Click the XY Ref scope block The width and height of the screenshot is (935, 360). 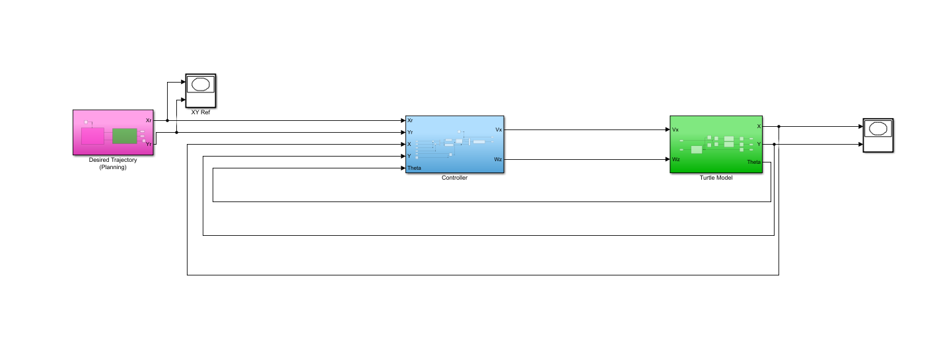point(201,90)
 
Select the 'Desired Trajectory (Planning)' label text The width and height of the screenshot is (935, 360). point(113,163)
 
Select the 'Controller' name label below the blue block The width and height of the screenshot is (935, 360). point(454,178)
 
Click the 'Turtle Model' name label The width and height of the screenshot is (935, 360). point(716,178)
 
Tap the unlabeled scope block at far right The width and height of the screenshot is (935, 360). point(878,135)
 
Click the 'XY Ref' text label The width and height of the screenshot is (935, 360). point(201,112)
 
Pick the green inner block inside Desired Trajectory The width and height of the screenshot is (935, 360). point(124,136)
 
